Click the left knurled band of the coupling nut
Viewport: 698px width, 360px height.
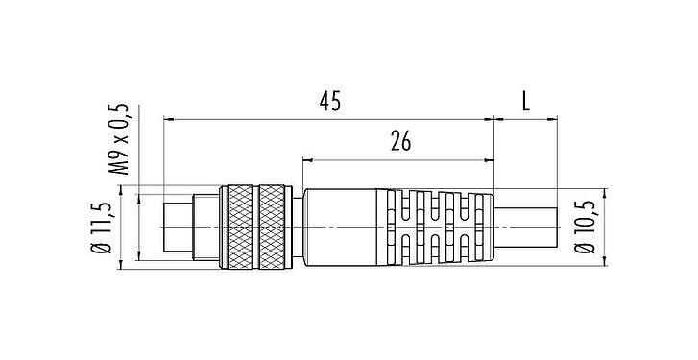tap(237, 225)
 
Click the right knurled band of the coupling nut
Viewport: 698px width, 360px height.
tap(275, 225)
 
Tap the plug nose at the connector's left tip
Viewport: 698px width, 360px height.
tap(176, 225)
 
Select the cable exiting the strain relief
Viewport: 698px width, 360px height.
tap(528, 225)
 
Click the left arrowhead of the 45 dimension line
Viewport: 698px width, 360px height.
tap(170, 119)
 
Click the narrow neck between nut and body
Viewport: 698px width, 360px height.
tap(298, 225)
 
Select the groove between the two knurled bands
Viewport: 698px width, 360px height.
tap(257, 225)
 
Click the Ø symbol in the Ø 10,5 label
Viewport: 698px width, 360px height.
tap(586, 250)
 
